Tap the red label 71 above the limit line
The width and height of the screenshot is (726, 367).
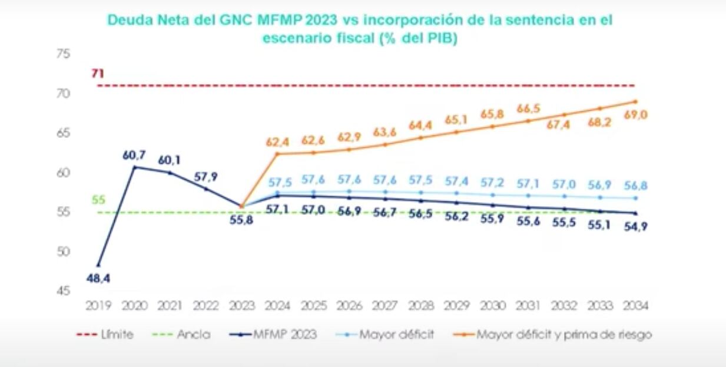[97, 74]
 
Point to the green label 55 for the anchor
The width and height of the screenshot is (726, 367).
[98, 200]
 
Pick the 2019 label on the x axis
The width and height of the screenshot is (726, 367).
[98, 306]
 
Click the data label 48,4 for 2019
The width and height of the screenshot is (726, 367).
[98, 277]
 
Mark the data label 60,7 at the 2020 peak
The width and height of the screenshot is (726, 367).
[135, 156]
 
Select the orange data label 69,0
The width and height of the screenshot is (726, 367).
[635, 115]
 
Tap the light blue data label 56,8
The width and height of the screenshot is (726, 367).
[635, 186]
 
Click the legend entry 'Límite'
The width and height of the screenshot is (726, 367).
[105, 335]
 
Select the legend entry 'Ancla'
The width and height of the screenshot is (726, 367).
[181, 335]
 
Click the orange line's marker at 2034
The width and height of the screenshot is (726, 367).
[635, 101]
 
